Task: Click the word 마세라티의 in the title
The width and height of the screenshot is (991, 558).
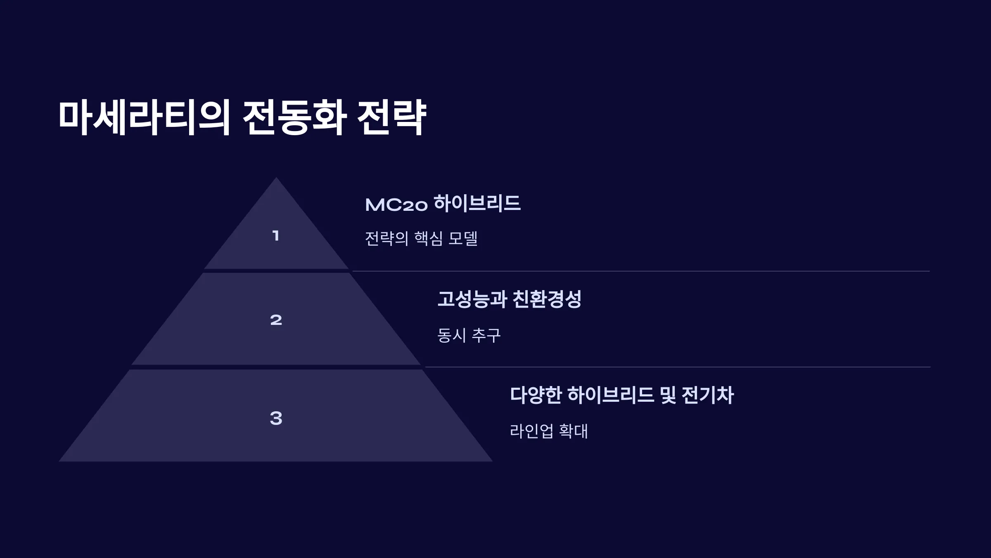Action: coord(144,117)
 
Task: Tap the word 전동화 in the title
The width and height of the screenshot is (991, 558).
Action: coord(294,117)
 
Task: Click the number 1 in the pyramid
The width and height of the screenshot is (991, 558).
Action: coord(276,236)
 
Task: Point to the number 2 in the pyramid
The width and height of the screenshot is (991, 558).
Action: coord(276,320)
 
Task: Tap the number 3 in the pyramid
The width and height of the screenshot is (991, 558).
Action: coord(276,418)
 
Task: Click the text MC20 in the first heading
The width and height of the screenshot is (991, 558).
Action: coord(396,205)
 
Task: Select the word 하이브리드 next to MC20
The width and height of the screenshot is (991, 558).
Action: coord(477,203)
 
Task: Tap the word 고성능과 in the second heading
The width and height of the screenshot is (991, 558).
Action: coord(472,299)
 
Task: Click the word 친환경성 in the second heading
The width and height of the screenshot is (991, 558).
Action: coord(547,299)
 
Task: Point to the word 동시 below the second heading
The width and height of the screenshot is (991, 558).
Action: coord(452,335)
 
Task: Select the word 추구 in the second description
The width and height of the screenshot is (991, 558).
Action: coord(486,335)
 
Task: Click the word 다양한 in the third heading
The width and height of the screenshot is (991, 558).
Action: coord(536,395)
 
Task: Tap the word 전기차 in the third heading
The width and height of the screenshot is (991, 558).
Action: coord(708,395)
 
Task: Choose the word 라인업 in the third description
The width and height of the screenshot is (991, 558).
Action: coord(531,431)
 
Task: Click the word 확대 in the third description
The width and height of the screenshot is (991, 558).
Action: coord(574,431)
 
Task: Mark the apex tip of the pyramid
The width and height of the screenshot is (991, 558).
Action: coord(276,178)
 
